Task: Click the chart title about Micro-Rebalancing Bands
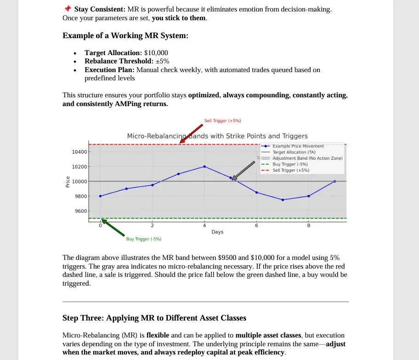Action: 217,136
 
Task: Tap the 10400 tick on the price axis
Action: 79,152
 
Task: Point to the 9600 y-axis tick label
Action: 81,211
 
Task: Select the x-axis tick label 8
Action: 308,225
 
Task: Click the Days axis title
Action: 217,232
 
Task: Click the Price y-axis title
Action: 68,182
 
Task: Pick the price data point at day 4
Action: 204,167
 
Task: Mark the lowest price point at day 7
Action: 283,200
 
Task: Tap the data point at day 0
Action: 100,196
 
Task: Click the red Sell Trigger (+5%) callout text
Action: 222,121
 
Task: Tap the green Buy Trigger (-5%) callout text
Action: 143,239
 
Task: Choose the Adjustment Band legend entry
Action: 307,158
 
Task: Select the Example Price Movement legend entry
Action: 298,146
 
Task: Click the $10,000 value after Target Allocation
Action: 156,53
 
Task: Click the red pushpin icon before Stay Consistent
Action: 68,9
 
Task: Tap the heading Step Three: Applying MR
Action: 154,318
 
